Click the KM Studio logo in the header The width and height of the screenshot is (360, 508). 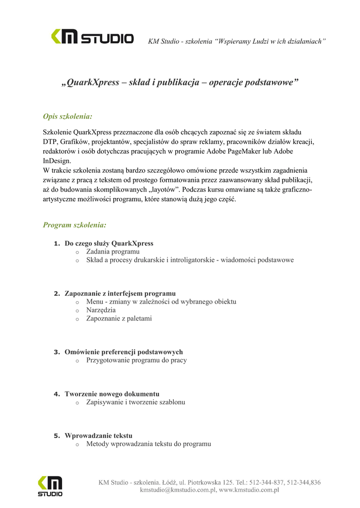pos(92,37)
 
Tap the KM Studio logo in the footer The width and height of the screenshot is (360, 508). pos(50,486)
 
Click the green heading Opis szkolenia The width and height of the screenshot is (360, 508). pos(68,117)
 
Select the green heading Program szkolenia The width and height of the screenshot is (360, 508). pos(74,225)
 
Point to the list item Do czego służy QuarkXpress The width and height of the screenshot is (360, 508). pos(109,244)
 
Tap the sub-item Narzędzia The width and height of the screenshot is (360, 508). pos(101,310)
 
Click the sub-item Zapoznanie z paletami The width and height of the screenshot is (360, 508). pos(119,318)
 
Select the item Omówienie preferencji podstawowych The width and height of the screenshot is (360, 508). pos(124,352)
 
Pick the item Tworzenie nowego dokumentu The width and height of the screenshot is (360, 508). pos(112,394)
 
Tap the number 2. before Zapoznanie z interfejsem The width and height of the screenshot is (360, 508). pos(57,294)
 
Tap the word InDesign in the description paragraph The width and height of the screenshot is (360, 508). pos(57,161)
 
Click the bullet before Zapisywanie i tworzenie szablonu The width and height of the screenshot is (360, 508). pos(77,402)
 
